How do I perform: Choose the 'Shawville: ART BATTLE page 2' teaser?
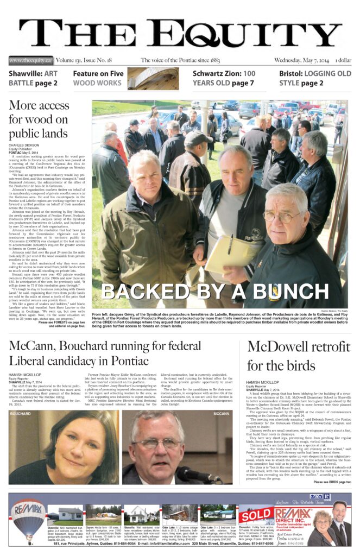pos(34,79)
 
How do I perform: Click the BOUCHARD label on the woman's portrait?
pos(21,414)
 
